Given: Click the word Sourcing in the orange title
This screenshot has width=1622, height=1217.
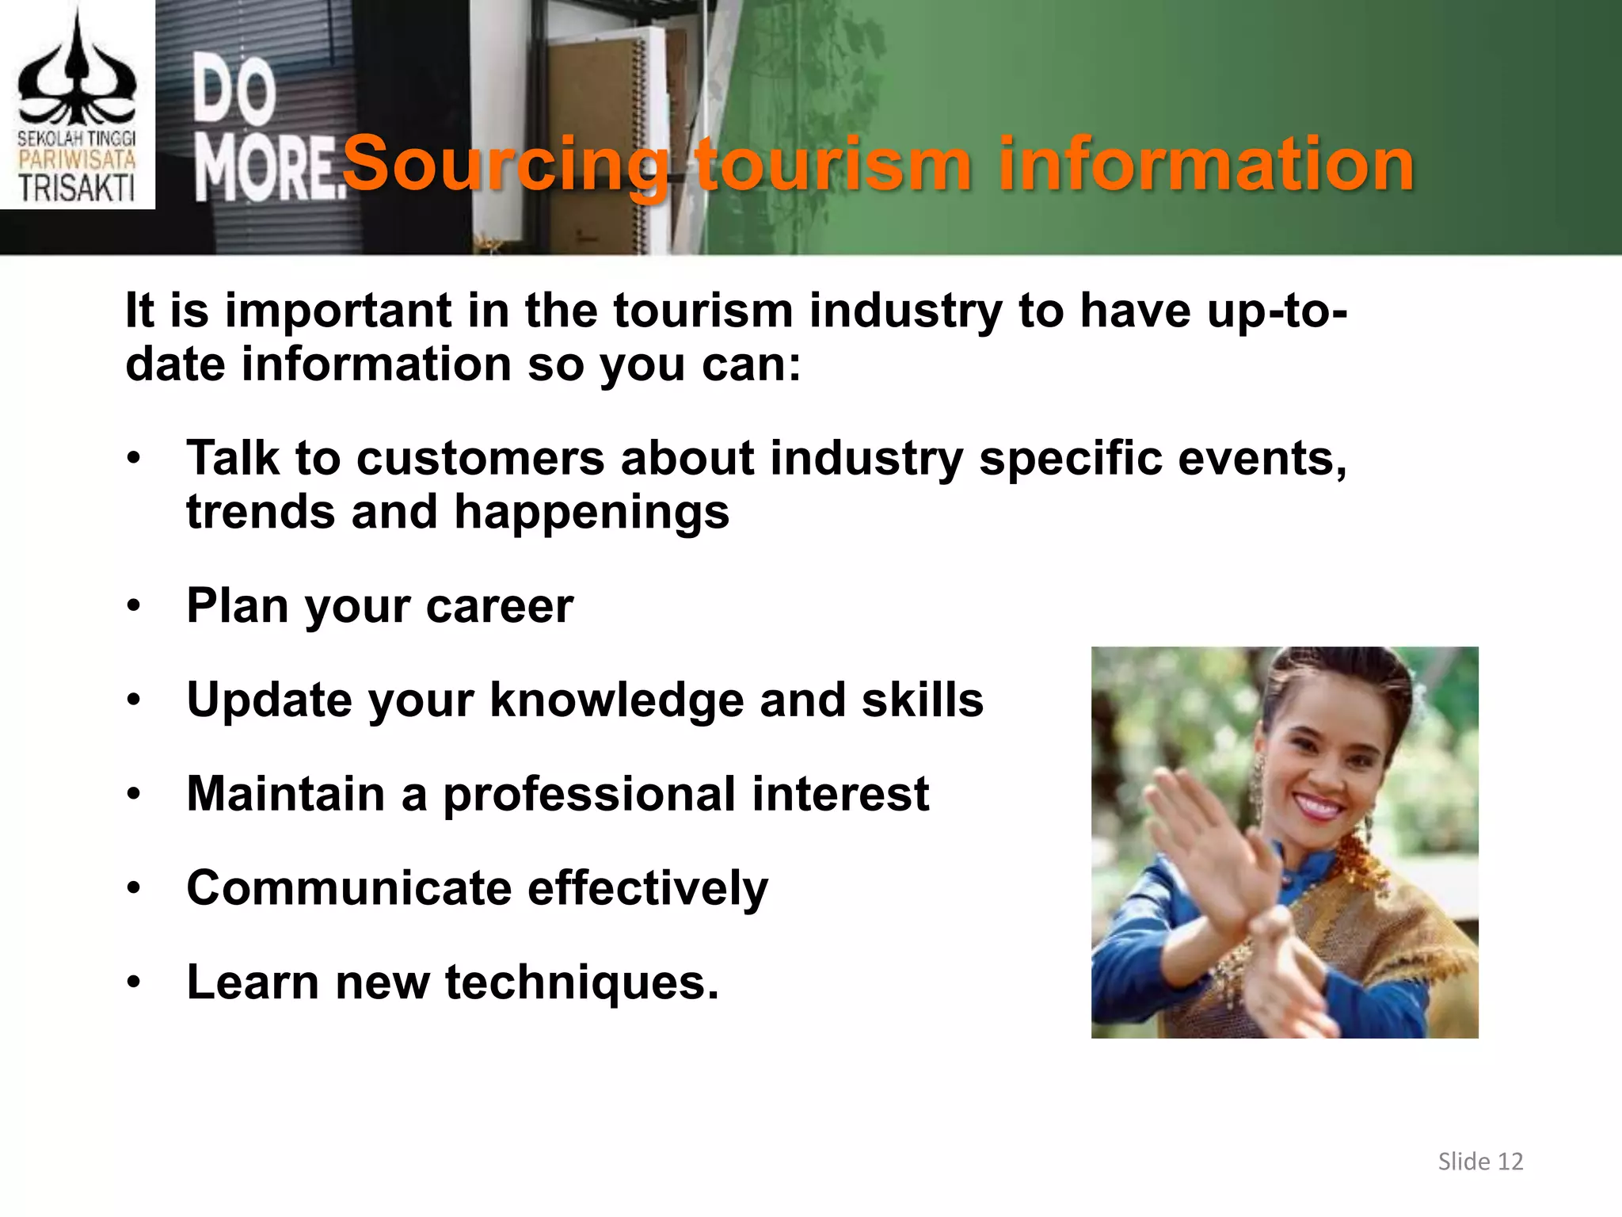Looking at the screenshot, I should click(505, 164).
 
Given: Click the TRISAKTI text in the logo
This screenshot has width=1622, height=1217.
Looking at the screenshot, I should click(77, 189).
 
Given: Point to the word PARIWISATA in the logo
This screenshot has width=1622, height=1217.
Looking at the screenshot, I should click(77, 160).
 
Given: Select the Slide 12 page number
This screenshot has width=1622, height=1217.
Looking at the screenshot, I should click(1480, 1162).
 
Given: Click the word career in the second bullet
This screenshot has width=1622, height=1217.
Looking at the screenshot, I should click(499, 607).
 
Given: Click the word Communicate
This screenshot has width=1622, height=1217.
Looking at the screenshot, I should click(348, 888).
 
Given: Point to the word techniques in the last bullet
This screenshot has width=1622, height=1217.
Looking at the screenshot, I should click(581, 982).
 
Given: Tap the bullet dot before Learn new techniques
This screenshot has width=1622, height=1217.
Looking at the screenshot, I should click(134, 983).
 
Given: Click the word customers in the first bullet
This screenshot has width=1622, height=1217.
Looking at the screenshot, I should click(480, 460).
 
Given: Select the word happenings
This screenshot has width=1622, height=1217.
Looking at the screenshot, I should click(591, 513).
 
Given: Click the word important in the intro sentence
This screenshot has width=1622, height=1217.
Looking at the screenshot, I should click(338, 311).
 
